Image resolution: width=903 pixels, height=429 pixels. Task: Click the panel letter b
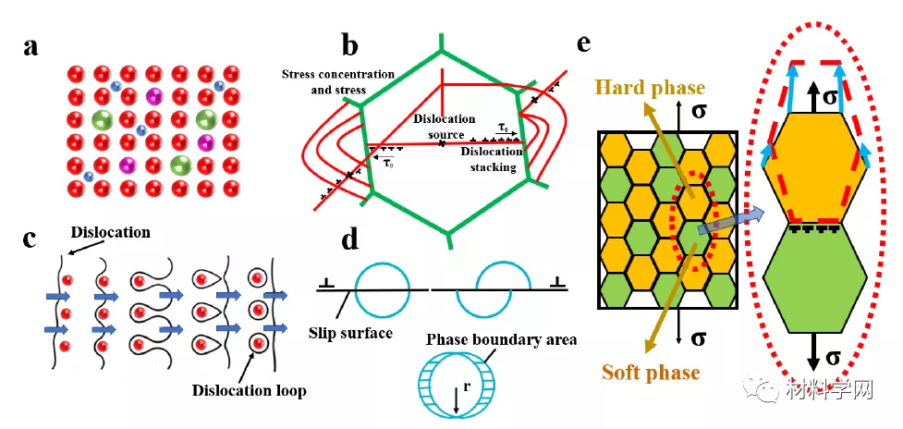click(349, 43)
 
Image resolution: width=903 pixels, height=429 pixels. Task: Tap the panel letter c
click(31, 239)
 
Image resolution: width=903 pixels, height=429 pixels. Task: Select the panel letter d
click(349, 239)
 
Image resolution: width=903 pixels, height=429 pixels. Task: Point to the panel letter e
click(583, 43)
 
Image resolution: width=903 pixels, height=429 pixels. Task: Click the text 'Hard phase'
click(650, 88)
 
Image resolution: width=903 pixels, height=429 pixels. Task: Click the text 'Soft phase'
click(651, 373)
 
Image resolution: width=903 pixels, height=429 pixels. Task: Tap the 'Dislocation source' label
click(444, 127)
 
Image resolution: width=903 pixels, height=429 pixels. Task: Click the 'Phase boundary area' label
click(501, 339)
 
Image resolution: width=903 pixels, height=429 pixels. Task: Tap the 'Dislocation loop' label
click(249, 390)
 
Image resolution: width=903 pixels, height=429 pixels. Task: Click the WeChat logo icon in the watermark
click(766, 390)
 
